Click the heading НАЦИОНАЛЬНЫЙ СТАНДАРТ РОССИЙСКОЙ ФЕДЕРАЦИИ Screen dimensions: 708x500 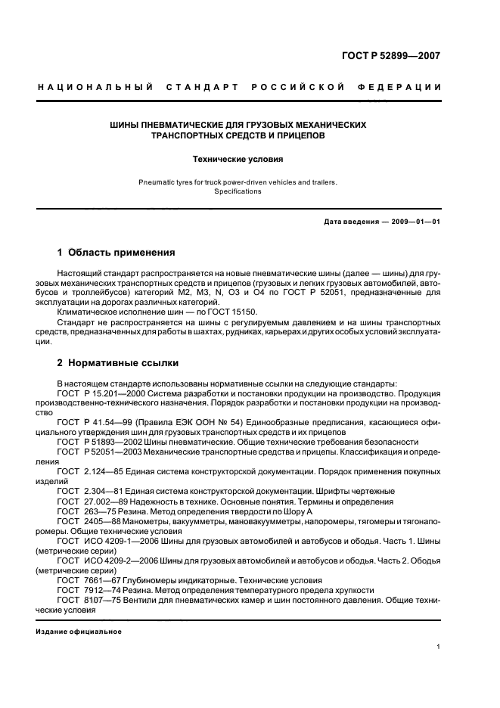239,88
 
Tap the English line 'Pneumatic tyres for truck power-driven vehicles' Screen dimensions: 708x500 237,182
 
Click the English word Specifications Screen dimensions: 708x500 237,191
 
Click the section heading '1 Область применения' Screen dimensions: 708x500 116,252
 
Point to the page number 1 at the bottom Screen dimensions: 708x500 439,647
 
